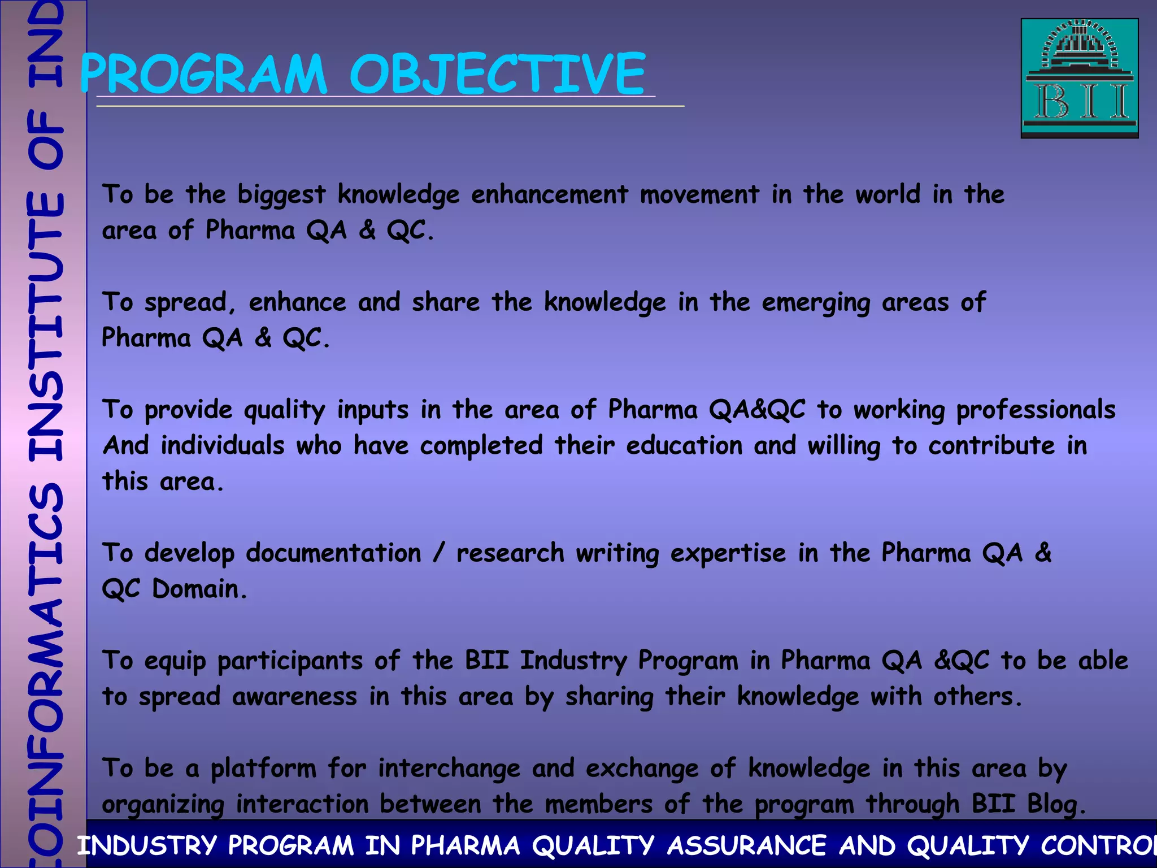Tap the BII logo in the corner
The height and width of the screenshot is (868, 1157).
click(x=1079, y=78)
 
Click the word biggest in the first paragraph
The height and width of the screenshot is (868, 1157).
click(x=281, y=195)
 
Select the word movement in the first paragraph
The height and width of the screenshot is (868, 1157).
click(x=699, y=195)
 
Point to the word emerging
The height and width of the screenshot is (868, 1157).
click(x=815, y=303)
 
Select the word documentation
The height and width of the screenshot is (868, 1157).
click(x=333, y=553)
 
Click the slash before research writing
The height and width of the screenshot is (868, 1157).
click(x=439, y=553)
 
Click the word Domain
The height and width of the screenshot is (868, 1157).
click(x=199, y=589)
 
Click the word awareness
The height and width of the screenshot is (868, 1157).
click(x=294, y=697)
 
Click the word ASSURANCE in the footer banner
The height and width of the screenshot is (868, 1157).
click(x=746, y=846)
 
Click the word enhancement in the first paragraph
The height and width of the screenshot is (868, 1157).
click(x=549, y=195)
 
